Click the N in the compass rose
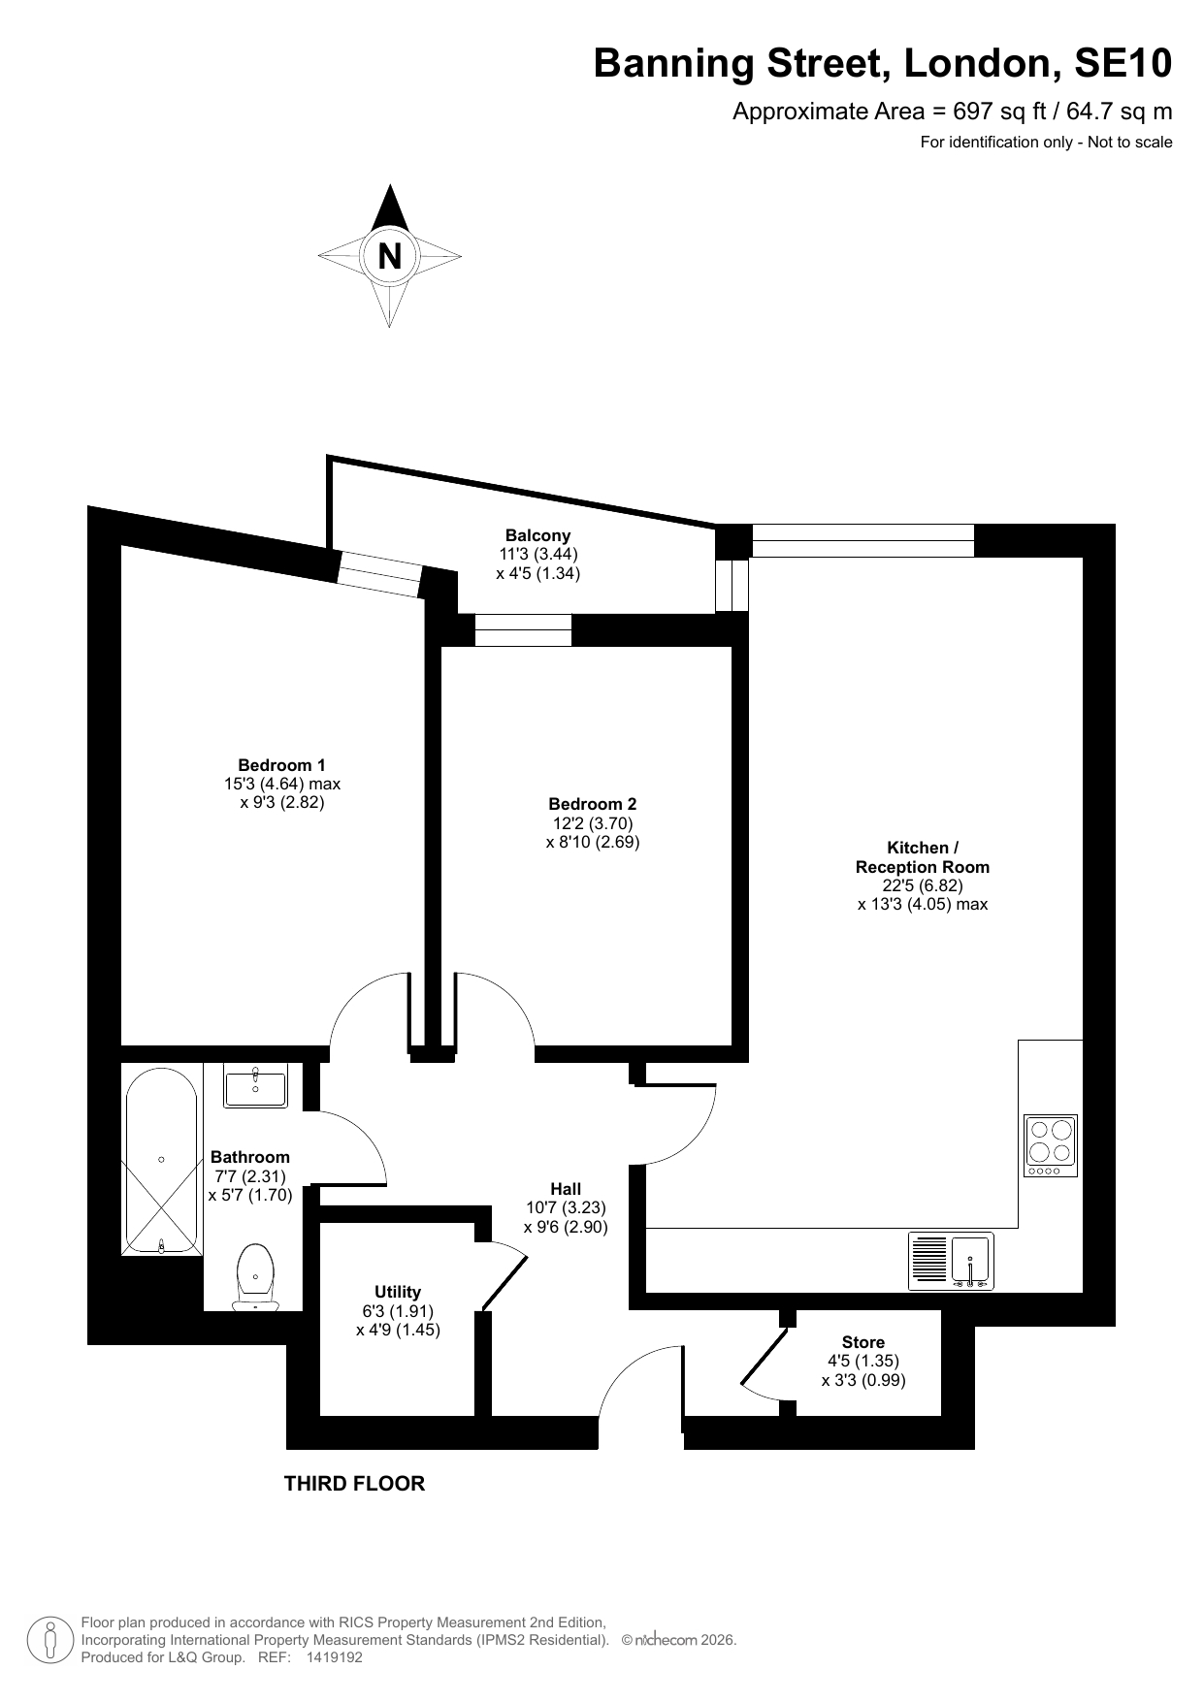click(389, 257)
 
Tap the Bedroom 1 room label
click(282, 765)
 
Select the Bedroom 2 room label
click(593, 804)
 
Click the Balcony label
click(537, 535)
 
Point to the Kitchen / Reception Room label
click(923, 857)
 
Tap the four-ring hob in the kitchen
click(1051, 1145)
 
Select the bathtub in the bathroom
click(161, 1161)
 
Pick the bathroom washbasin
click(255, 1085)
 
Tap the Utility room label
click(398, 1292)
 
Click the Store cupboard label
click(863, 1342)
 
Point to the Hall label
click(566, 1189)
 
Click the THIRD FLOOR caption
click(354, 1483)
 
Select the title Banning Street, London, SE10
click(883, 64)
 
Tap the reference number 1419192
click(334, 1657)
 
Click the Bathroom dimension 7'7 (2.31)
click(250, 1175)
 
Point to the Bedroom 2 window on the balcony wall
click(523, 630)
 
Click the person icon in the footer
click(49, 1640)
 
